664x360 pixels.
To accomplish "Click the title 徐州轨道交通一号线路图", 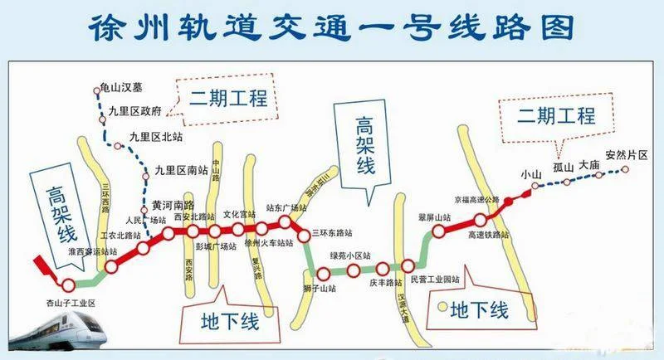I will pos(331,27).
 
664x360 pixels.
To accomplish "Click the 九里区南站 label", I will pos(181,170).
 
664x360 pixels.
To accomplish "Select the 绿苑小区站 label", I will pos(350,255).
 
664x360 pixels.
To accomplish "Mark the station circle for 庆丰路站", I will pos(382,269).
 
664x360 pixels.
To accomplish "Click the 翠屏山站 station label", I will pos(434,217).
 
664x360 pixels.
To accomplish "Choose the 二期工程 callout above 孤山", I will pos(556,116).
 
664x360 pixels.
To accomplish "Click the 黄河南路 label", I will pos(173,205).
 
